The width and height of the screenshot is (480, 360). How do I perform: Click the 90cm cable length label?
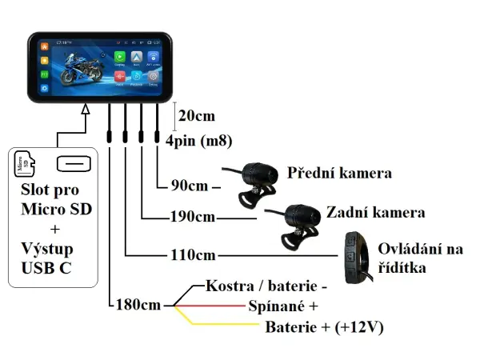pos(190,188)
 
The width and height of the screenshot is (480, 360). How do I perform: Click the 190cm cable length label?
pos(193,217)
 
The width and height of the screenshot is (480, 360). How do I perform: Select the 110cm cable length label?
pos(193,255)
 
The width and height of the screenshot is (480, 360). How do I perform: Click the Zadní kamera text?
pos(375,214)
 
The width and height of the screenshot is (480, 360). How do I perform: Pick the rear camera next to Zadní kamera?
pos(296,224)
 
